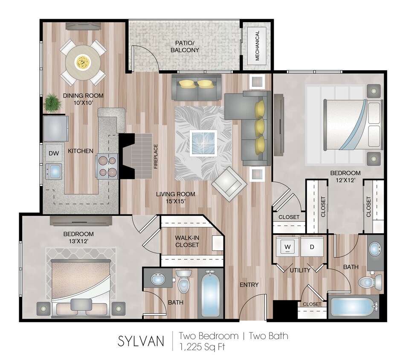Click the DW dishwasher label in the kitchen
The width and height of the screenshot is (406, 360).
pos(53,153)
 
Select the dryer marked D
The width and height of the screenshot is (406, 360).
pos(312,246)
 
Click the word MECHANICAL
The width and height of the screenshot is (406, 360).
pos(257,46)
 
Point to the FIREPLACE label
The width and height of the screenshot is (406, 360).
pos(156,157)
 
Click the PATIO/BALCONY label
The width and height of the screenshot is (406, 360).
pos(185,46)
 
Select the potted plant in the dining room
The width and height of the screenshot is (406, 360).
pos(52,103)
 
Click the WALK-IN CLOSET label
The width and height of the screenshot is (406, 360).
pos(187,241)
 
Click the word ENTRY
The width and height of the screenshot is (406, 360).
pos(249,285)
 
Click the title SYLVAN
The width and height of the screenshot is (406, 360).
pos(141,341)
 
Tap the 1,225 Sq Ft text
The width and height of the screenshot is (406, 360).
pos(202,346)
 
